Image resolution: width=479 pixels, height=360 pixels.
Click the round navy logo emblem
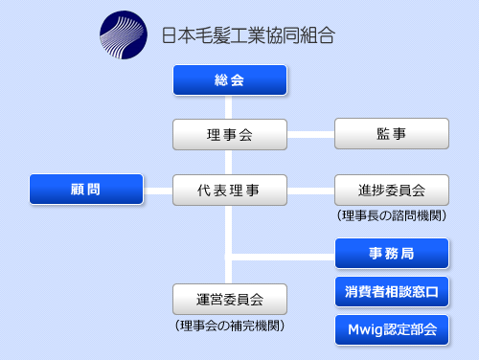tap(124, 34)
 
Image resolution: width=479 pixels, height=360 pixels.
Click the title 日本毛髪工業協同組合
tap(248, 35)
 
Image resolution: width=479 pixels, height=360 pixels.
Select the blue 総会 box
tap(230, 80)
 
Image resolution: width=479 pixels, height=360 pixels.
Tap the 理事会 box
tap(230, 135)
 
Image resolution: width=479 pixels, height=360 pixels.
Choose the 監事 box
tap(392, 134)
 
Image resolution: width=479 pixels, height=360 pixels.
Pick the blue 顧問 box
tap(86, 190)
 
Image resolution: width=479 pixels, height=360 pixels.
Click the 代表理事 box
tap(230, 191)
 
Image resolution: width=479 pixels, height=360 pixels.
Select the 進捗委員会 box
tap(392, 191)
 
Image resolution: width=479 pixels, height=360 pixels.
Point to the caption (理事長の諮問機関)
tap(392, 215)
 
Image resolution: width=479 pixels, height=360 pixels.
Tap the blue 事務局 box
tap(392, 254)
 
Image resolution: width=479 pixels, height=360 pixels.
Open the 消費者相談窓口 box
tap(392, 292)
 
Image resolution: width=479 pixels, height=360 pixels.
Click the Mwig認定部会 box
tap(392, 330)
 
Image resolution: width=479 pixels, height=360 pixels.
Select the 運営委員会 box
tap(230, 300)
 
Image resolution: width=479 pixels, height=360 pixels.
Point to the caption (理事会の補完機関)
tap(230, 326)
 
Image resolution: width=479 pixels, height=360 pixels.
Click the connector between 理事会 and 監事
tap(310, 135)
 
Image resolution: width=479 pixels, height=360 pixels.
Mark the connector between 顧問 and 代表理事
tap(158, 191)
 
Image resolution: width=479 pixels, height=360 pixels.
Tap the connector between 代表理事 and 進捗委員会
tap(310, 191)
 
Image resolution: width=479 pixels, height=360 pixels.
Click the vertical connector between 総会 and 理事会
tap(228, 107)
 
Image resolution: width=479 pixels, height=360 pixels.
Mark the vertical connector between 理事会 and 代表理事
tap(228, 162)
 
